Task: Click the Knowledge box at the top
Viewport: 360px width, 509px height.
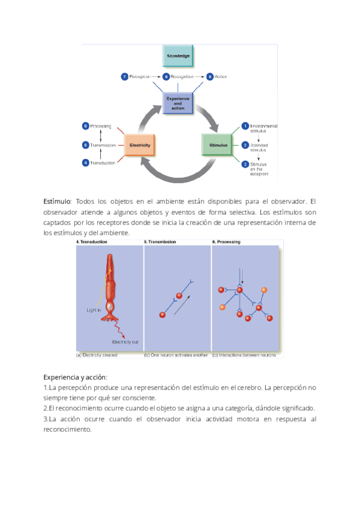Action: (x=178, y=56)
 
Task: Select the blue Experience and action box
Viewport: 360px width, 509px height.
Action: (x=178, y=103)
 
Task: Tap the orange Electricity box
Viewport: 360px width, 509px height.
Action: (x=139, y=145)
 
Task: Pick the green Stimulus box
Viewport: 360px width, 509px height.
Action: (x=215, y=145)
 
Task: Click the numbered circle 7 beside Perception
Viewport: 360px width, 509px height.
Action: (x=124, y=77)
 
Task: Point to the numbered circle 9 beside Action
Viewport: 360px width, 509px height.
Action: (x=209, y=77)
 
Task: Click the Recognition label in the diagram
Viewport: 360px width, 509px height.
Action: (x=182, y=77)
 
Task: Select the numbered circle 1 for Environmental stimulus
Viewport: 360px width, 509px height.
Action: (x=245, y=126)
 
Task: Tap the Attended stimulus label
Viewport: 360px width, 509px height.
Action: (x=262, y=148)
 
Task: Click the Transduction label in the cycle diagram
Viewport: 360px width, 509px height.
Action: (x=103, y=163)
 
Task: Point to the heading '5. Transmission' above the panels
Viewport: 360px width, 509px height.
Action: (x=160, y=242)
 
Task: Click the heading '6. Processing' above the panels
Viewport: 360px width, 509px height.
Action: (x=226, y=242)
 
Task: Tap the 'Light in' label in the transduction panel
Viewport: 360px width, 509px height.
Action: (x=94, y=310)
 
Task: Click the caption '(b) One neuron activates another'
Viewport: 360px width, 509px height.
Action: (x=176, y=355)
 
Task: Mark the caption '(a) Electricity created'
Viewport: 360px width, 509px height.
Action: (x=97, y=355)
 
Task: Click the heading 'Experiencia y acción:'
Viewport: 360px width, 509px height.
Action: (x=76, y=377)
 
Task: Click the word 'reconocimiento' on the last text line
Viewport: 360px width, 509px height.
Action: (x=67, y=429)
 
